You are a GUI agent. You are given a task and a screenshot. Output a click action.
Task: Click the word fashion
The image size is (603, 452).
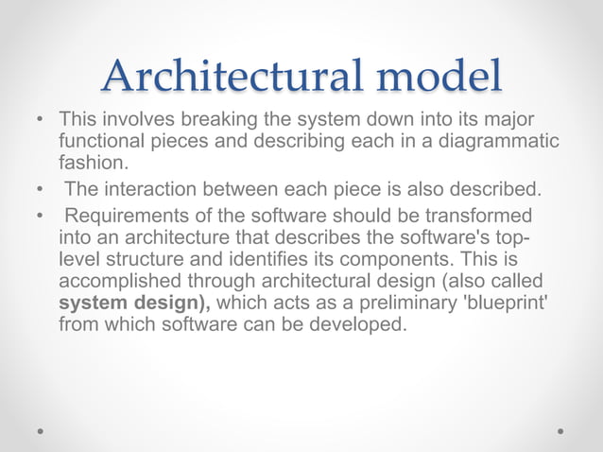[91, 162]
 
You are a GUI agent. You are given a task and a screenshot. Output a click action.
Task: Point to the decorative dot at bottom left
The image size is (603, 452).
[42, 429]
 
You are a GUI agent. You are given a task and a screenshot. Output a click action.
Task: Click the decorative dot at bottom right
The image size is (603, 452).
[560, 429]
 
